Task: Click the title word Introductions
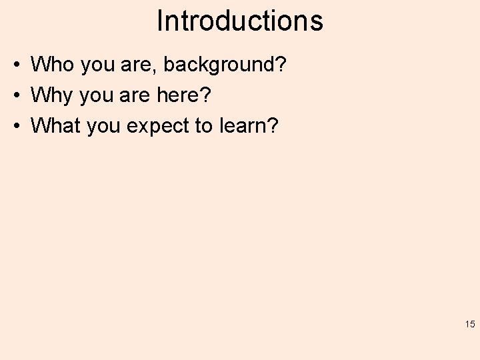(x=240, y=21)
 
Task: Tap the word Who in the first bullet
(x=52, y=65)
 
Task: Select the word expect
(x=157, y=126)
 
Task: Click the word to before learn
(x=203, y=125)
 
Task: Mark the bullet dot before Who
(x=14, y=65)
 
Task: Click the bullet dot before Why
(x=14, y=95)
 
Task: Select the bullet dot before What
(x=14, y=125)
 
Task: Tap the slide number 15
(x=469, y=325)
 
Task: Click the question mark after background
(x=281, y=65)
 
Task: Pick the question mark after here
(x=206, y=95)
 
